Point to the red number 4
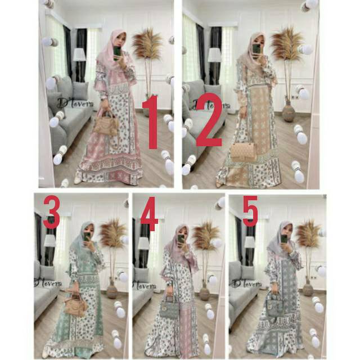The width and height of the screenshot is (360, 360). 149,214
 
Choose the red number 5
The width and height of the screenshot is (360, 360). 250,214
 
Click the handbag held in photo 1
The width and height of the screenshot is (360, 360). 106,125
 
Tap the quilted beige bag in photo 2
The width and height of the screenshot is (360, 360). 244,151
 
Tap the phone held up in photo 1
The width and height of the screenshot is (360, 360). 117,52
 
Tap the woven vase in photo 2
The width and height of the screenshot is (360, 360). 289,111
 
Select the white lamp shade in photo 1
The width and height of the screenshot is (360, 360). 79,55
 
